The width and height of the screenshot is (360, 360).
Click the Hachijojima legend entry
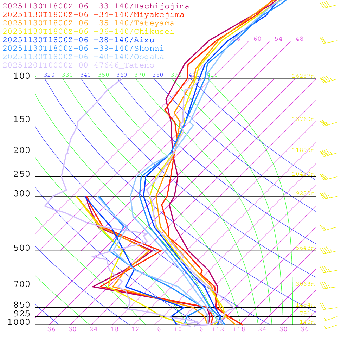coord(96,6)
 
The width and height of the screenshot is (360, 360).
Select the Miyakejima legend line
coord(93,15)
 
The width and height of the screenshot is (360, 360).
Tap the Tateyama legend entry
coord(88,23)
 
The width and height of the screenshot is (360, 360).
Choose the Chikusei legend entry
coord(88,32)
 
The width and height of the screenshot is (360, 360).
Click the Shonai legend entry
coord(83,49)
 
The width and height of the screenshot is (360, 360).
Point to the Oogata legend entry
coord(83,57)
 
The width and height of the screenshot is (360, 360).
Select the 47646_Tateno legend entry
coord(78,65)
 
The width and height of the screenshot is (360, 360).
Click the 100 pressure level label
coord(22,76)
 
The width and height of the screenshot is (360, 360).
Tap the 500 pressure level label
coord(22,248)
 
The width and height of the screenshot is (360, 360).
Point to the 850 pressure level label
coord(22,305)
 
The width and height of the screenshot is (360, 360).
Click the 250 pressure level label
coord(22,174)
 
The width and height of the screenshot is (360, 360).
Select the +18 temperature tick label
coord(239,329)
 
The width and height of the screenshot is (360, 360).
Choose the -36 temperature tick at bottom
coord(49,329)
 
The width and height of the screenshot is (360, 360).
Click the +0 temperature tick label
coord(178,329)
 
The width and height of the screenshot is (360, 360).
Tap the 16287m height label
coord(303,76)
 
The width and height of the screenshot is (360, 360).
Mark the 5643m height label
coord(305,248)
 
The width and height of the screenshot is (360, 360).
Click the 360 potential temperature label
coord(122,75)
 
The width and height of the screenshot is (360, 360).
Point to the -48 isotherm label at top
coord(297,39)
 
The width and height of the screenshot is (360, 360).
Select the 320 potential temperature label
coord(49,75)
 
